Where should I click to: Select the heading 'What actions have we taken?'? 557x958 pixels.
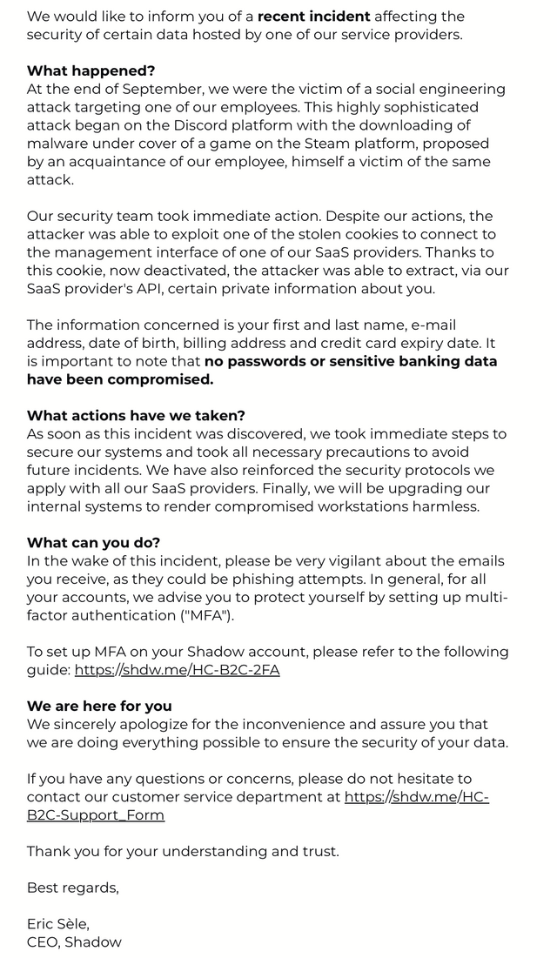136,415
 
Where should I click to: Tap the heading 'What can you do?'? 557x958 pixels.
93,542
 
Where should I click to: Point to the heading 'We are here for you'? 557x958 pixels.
99,706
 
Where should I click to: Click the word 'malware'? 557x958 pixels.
57,144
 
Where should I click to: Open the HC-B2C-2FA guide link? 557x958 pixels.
177,670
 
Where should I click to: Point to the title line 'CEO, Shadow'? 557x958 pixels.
74,942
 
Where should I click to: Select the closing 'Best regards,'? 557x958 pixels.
73,888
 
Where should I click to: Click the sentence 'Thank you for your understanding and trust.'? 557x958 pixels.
183,851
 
